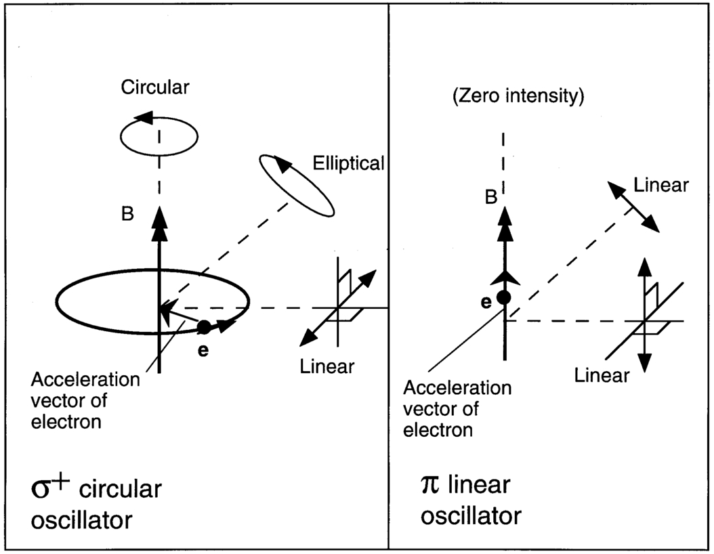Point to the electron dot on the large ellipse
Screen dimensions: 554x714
(x=203, y=326)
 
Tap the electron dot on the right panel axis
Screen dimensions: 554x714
(x=503, y=297)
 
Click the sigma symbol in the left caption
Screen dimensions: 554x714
(x=42, y=490)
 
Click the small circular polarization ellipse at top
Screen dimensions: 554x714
(x=159, y=135)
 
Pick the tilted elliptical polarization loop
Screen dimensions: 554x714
(x=297, y=186)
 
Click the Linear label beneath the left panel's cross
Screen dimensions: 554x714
(x=327, y=367)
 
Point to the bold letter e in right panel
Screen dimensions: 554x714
(x=485, y=303)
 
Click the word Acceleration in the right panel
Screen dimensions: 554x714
(x=448, y=388)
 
